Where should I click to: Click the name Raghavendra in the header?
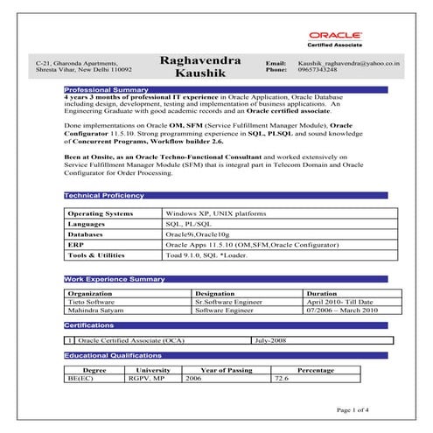coord(200,61)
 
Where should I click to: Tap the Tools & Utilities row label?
coord(96,256)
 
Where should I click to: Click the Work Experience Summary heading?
coord(115,279)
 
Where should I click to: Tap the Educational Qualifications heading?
coord(112,356)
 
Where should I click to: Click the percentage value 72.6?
coord(282,379)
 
